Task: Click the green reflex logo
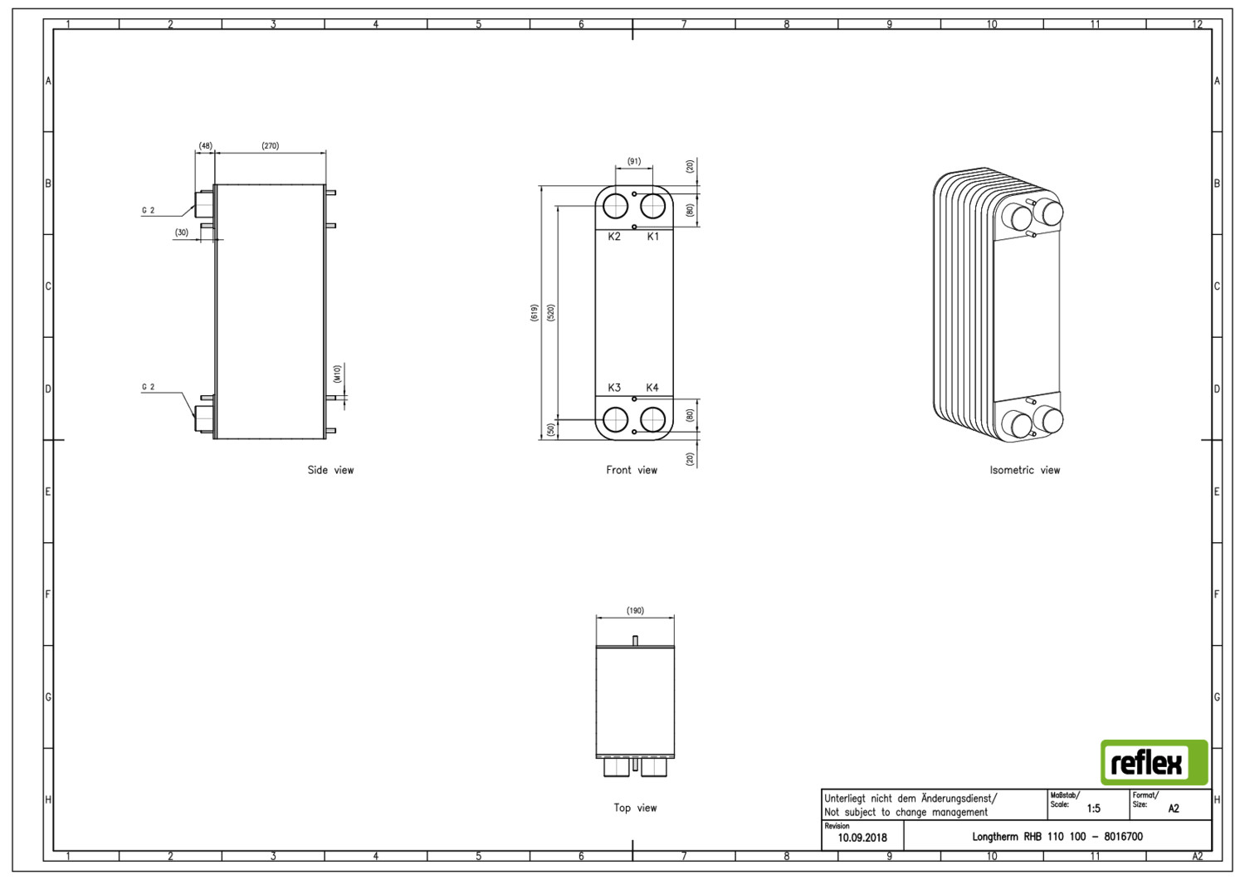[x=1154, y=762]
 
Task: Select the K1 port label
[x=653, y=237]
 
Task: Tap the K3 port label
[x=614, y=388]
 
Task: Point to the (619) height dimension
[x=535, y=312]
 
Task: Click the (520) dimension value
[x=551, y=312]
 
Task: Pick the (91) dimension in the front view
[x=634, y=161]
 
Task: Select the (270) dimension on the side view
[x=270, y=145]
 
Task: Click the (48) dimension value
[x=205, y=145]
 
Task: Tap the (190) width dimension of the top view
[x=635, y=610]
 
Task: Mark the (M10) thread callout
[x=337, y=374]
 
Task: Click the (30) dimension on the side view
[x=182, y=232]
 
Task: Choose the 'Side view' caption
[x=330, y=470]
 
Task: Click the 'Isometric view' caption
[x=1025, y=470]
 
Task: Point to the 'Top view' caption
[x=635, y=809]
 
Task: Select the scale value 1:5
[x=1093, y=809]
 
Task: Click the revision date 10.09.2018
[x=862, y=838]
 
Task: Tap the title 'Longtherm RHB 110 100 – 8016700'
[x=1057, y=837]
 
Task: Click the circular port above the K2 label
[x=615, y=207]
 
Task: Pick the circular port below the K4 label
[x=652, y=420]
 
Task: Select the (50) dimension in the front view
[x=551, y=429]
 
